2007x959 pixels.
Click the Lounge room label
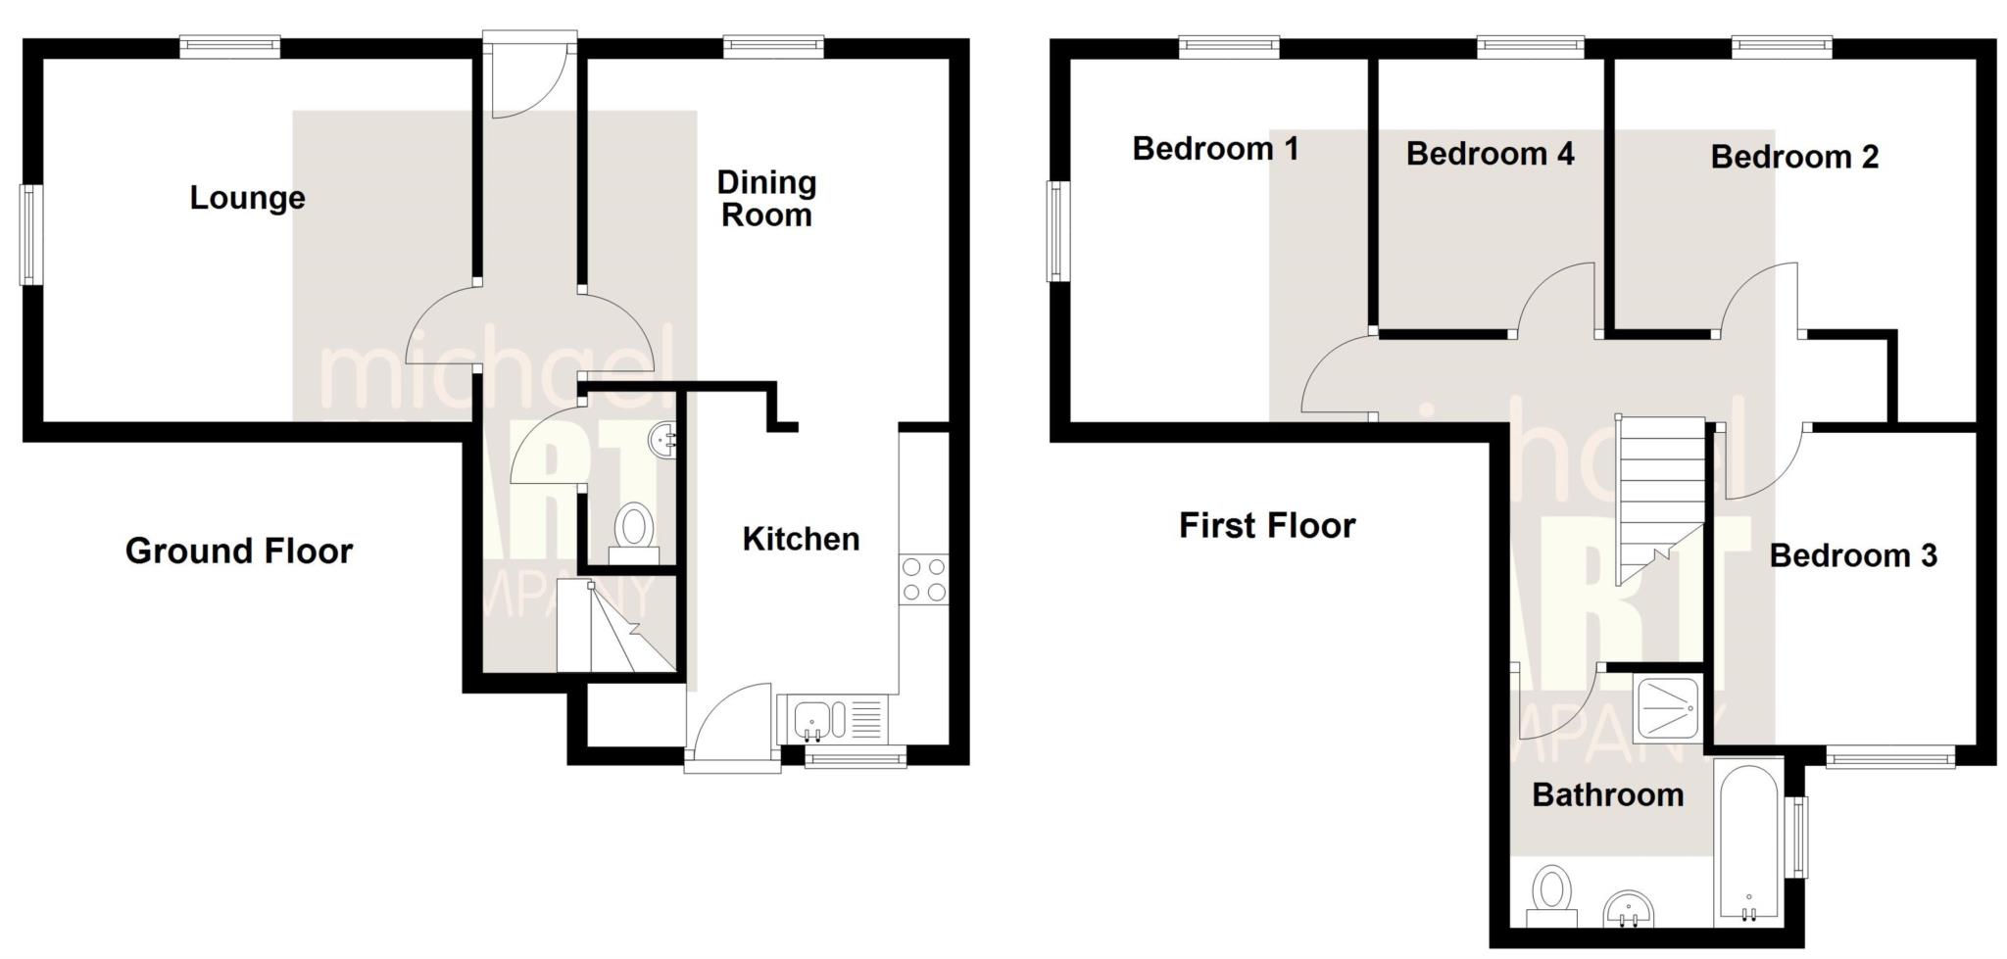[247, 198]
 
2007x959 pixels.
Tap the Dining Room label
[766, 199]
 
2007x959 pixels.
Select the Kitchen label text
[801, 539]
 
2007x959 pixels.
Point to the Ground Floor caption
[238, 551]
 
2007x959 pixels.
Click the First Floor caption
[1266, 526]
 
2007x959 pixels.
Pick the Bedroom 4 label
[1490, 154]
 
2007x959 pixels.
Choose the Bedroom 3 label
[1852, 555]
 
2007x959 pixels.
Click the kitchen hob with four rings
[923, 579]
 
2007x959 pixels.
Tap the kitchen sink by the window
[812, 720]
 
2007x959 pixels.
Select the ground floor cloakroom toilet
[633, 532]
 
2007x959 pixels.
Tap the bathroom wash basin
[1630, 910]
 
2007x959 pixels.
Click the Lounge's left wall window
[29, 235]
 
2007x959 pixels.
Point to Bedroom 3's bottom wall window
[1889, 756]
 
